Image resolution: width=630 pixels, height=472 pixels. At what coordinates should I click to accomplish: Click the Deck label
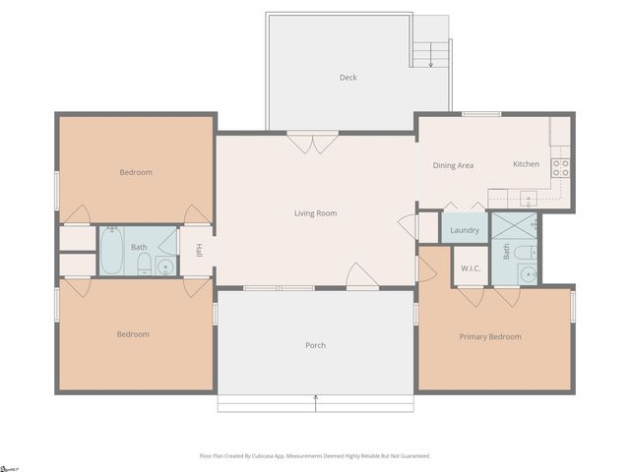(x=347, y=78)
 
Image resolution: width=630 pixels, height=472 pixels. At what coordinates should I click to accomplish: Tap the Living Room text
(x=315, y=213)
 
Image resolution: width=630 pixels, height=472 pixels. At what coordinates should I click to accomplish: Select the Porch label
(x=315, y=345)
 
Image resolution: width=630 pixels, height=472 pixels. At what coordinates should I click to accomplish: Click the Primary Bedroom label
(x=490, y=337)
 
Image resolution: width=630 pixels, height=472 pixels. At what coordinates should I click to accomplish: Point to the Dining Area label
(x=453, y=165)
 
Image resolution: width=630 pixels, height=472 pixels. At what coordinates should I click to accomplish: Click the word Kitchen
(x=526, y=164)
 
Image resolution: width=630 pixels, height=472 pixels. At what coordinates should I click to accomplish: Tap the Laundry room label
(x=465, y=231)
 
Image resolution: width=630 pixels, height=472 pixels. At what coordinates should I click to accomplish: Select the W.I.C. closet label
(x=470, y=268)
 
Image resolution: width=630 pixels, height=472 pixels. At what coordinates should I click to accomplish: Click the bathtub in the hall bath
(x=111, y=252)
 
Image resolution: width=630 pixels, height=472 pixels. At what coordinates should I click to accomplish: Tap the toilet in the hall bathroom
(x=144, y=263)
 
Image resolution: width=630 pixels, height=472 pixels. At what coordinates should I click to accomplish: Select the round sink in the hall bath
(x=165, y=265)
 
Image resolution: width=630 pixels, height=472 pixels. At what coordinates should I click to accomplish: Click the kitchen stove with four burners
(x=560, y=167)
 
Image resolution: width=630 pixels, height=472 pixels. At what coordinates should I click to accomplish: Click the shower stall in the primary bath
(x=515, y=227)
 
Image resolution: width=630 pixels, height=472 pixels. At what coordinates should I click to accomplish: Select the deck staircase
(x=430, y=53)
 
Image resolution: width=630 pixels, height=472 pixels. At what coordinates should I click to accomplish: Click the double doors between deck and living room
(x=313, y=144)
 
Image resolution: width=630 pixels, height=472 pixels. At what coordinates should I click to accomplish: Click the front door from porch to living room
(x=362, y=277)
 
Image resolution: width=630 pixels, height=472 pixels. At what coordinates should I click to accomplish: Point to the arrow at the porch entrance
(x=315, y=398)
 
